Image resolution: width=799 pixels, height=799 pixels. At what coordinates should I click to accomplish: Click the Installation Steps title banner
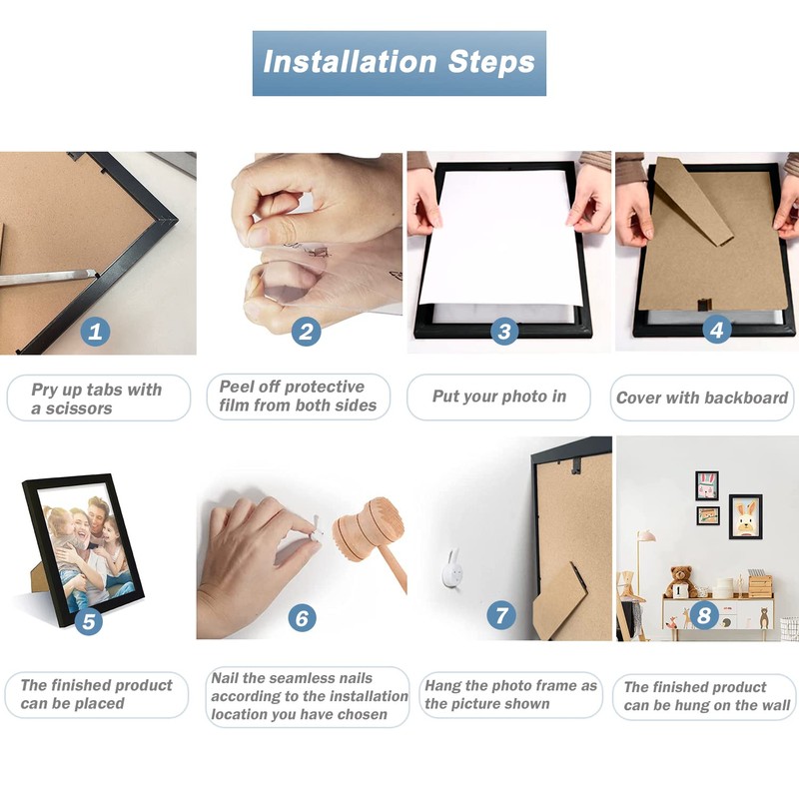(x=399, y=63)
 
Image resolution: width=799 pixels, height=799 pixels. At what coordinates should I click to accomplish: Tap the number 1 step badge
(x=95, y=332)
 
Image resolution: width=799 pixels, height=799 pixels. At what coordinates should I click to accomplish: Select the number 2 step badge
(x=306, y=332)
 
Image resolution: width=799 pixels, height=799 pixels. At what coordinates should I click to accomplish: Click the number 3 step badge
(x=504, y=332)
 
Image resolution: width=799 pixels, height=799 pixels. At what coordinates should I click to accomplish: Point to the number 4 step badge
(x=716, y=330)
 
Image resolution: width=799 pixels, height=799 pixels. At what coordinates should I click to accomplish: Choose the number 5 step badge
(x=89, y=621)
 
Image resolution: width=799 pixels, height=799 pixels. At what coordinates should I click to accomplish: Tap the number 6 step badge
(x=303, y=618)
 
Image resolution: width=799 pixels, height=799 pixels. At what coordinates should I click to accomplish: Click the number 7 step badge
(x=501, y=615)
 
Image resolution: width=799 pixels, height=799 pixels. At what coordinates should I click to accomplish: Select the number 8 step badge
(x=704, y=615)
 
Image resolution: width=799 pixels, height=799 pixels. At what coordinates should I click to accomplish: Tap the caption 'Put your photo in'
(x=499, y=396)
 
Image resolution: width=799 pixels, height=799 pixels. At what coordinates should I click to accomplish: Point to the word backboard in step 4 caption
(x=745, y=398)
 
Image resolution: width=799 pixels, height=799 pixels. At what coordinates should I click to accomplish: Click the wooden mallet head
(x=368, y=529)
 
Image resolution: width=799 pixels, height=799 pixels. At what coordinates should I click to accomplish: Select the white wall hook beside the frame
(x=452, y=568)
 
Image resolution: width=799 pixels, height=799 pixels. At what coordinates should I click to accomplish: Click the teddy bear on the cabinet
(x=681, y=581)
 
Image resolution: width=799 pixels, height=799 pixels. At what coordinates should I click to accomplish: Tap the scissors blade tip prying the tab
(x=94, y=274)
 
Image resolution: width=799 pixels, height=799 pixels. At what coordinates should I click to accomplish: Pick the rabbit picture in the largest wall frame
(x=745, y=517)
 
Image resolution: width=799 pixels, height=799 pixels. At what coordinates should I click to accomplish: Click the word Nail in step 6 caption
(x=225, y=678)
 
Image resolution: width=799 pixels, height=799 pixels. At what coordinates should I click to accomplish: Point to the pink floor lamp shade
(x=646, y=536)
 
